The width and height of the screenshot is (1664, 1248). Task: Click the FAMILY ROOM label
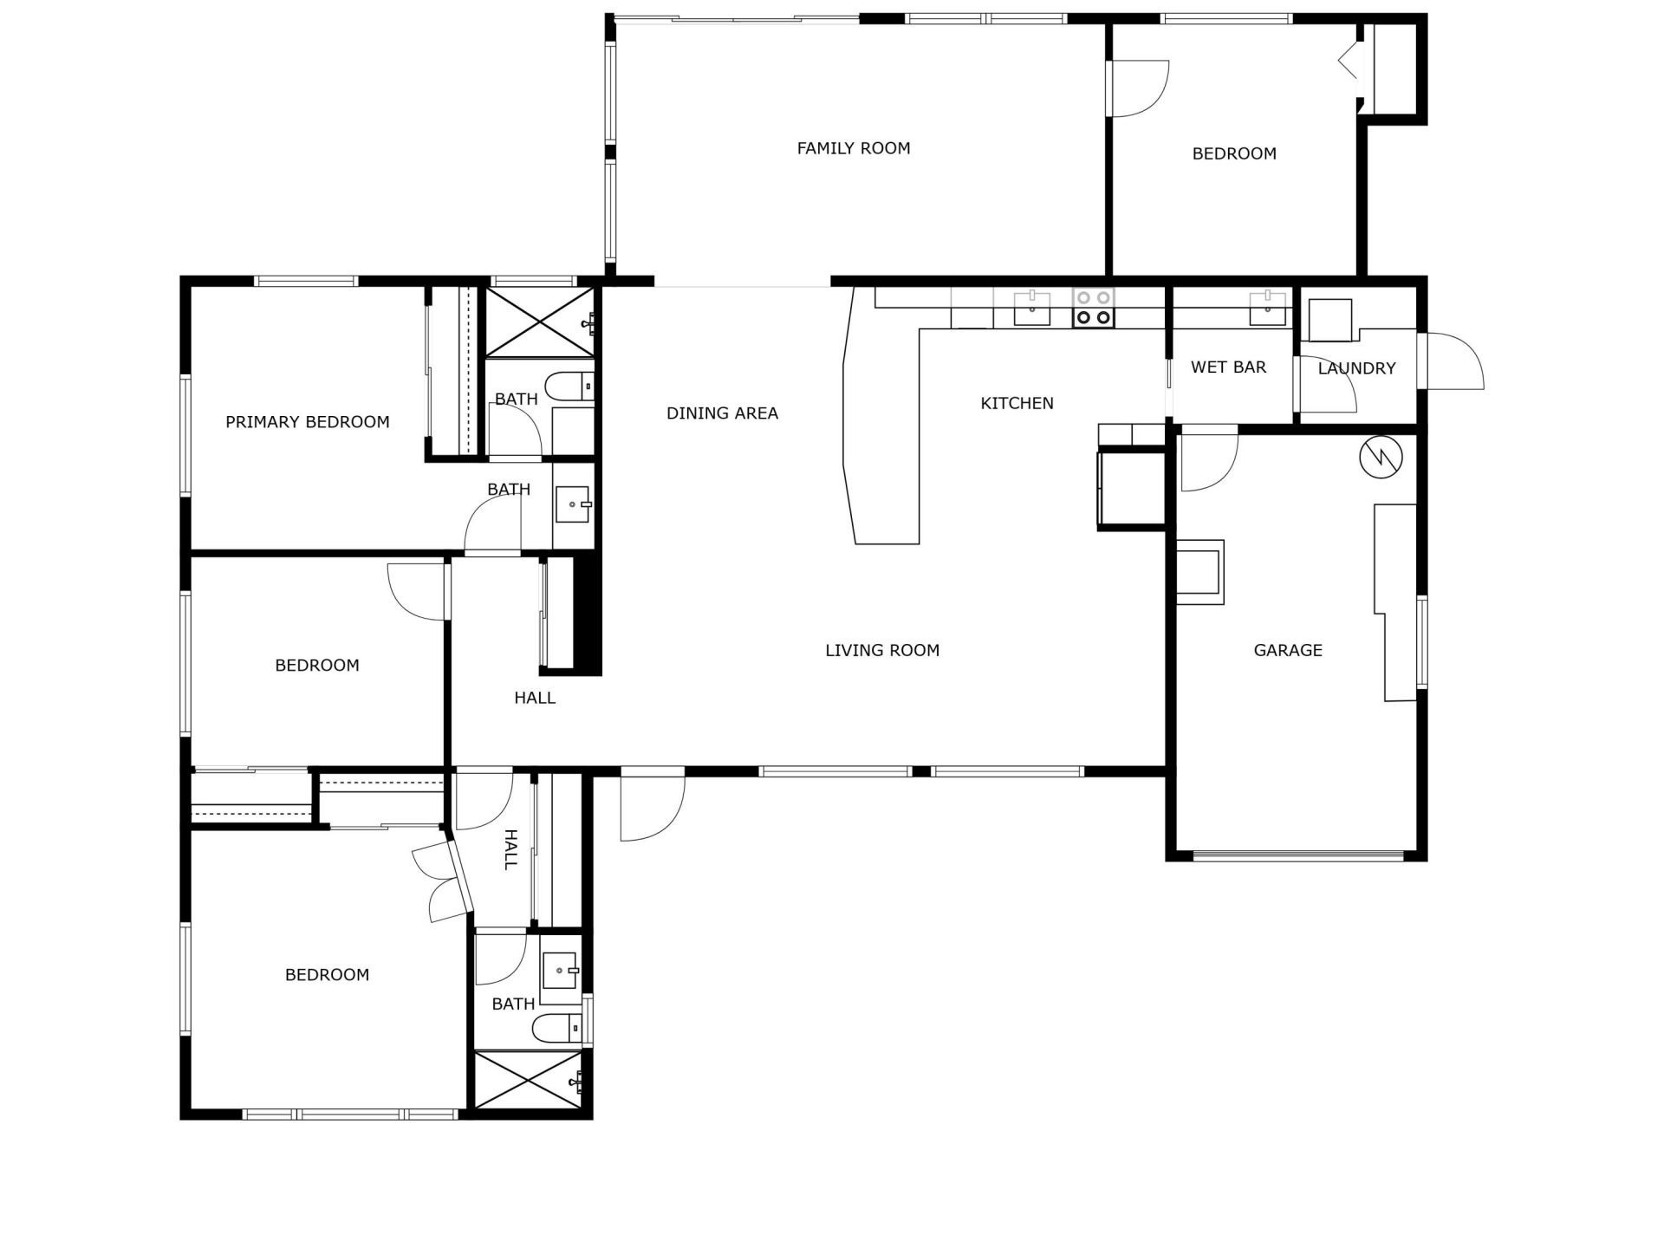[854, 148]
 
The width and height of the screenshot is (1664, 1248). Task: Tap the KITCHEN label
[1017, 403]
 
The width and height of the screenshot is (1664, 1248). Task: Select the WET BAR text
[1228, 367]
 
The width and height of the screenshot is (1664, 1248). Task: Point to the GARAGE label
[1288, 650]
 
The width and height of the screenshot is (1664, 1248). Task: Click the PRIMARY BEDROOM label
[307, 422]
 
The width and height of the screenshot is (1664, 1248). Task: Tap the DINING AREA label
[722, 413]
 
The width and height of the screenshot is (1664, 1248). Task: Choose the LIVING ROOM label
[882, 650]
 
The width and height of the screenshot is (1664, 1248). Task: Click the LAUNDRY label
[1356, 368]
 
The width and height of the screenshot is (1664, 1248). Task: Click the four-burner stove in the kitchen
[1093, 309]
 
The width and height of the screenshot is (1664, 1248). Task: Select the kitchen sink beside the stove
[1032, 308]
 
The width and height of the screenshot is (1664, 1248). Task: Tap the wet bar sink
[1267, 308]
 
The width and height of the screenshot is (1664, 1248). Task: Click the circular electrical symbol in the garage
[1381, 458]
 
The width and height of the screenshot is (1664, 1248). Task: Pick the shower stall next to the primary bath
[539, 322]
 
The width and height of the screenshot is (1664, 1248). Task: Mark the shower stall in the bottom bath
[528, 1080]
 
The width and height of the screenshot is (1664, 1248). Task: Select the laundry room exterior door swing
[1453, 362]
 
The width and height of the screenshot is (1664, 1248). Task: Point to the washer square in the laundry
[1329, 320]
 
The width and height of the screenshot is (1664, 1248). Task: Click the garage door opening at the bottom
[1297, 855]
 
